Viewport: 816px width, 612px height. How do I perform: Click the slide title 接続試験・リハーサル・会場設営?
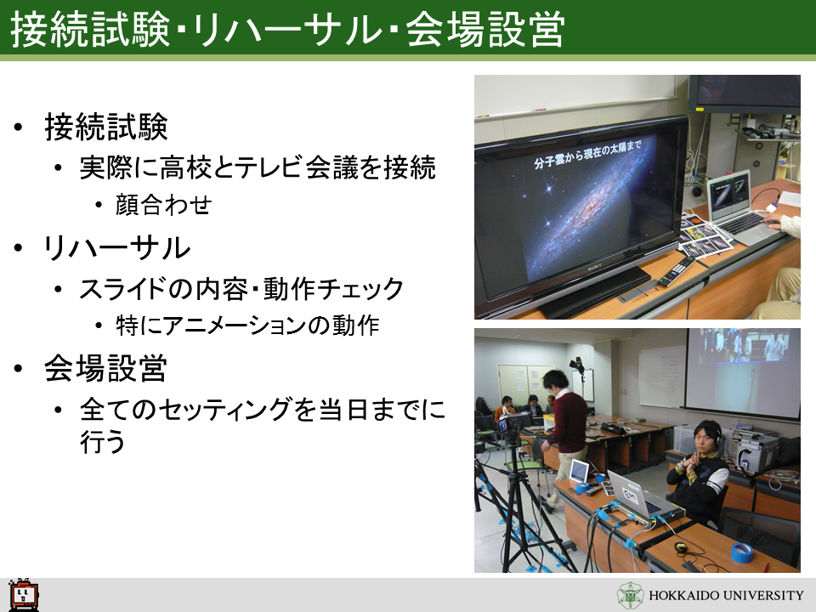[x=287, y=29]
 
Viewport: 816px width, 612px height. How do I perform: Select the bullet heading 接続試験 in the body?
[x=106, y=127]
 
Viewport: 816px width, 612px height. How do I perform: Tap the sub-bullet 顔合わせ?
[x=163, y=205]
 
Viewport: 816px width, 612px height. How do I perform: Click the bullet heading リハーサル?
[x=117, y=248]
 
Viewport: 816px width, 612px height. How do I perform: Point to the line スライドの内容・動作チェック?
[x=241, y=289]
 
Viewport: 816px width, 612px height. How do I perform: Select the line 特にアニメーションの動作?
[x=247, y=326]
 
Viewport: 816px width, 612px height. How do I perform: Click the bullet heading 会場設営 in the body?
[x=105, y=369]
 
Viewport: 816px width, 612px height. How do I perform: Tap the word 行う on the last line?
[x=103, y=441]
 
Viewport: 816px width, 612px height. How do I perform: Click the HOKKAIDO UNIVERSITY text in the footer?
[x=726, y=595]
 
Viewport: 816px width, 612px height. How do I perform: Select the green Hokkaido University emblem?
[x=630, y=595]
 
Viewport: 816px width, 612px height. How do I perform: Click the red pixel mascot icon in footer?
[x=24, y=594]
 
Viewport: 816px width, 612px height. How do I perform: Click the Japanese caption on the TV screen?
[x=587, y=154]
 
